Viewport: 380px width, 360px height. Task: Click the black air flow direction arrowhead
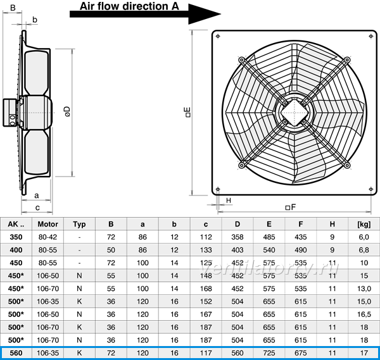[203, 14]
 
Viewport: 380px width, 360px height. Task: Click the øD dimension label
[68, 111]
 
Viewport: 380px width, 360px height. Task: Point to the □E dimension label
[188, 113]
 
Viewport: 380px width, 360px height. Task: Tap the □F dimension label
[290, 208]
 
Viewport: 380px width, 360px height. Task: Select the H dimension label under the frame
[228, 201]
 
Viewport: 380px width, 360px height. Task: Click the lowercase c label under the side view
[37, 208]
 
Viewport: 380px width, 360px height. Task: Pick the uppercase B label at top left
[13, 8]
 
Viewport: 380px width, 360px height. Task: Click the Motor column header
[47, 224]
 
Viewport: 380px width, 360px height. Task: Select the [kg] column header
[364, 225]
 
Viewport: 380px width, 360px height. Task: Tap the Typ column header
[79, 225]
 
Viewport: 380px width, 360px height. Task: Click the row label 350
[16, 237]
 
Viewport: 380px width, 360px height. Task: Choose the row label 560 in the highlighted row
[16, 353]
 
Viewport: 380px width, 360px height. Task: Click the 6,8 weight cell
[364, 250]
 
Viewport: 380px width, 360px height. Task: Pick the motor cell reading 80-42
[47, 237]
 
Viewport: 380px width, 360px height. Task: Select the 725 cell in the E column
[269, 353]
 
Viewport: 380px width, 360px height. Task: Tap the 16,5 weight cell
[364, 314]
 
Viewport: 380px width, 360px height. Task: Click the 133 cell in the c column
[206, 250]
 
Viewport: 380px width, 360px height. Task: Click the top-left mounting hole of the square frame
[218, 36]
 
